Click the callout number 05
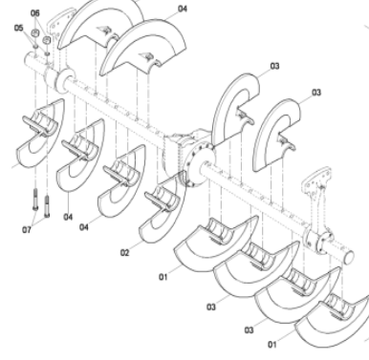point(18,29)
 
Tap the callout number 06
point(36,12)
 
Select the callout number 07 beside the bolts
point(26,230)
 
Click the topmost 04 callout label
point(183,9)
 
